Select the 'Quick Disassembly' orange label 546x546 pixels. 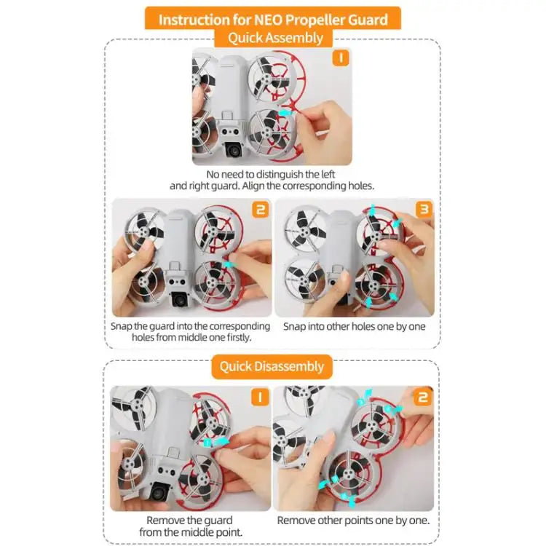[272, 366]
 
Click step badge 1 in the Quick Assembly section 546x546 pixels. [341, 59]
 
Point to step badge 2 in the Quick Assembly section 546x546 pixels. [260, 210]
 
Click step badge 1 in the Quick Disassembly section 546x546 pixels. [260, 397]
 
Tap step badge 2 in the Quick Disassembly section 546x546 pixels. [422, 397]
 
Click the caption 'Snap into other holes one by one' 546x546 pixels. [355, 327]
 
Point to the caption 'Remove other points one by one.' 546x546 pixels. [353, 521]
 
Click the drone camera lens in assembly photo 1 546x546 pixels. [233, 150]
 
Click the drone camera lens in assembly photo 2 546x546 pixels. [180, 300]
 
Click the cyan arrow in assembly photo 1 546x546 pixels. [288, 113]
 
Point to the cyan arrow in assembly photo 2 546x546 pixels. [229, 265]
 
